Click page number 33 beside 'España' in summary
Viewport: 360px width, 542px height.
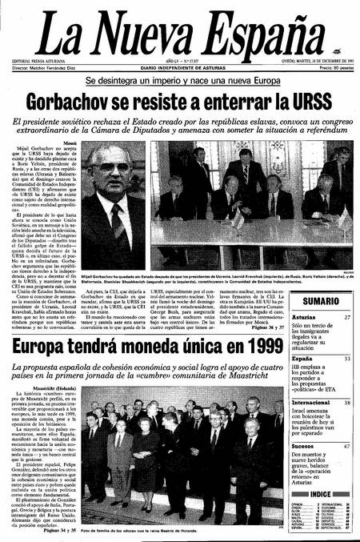click(x=346, y=359)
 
